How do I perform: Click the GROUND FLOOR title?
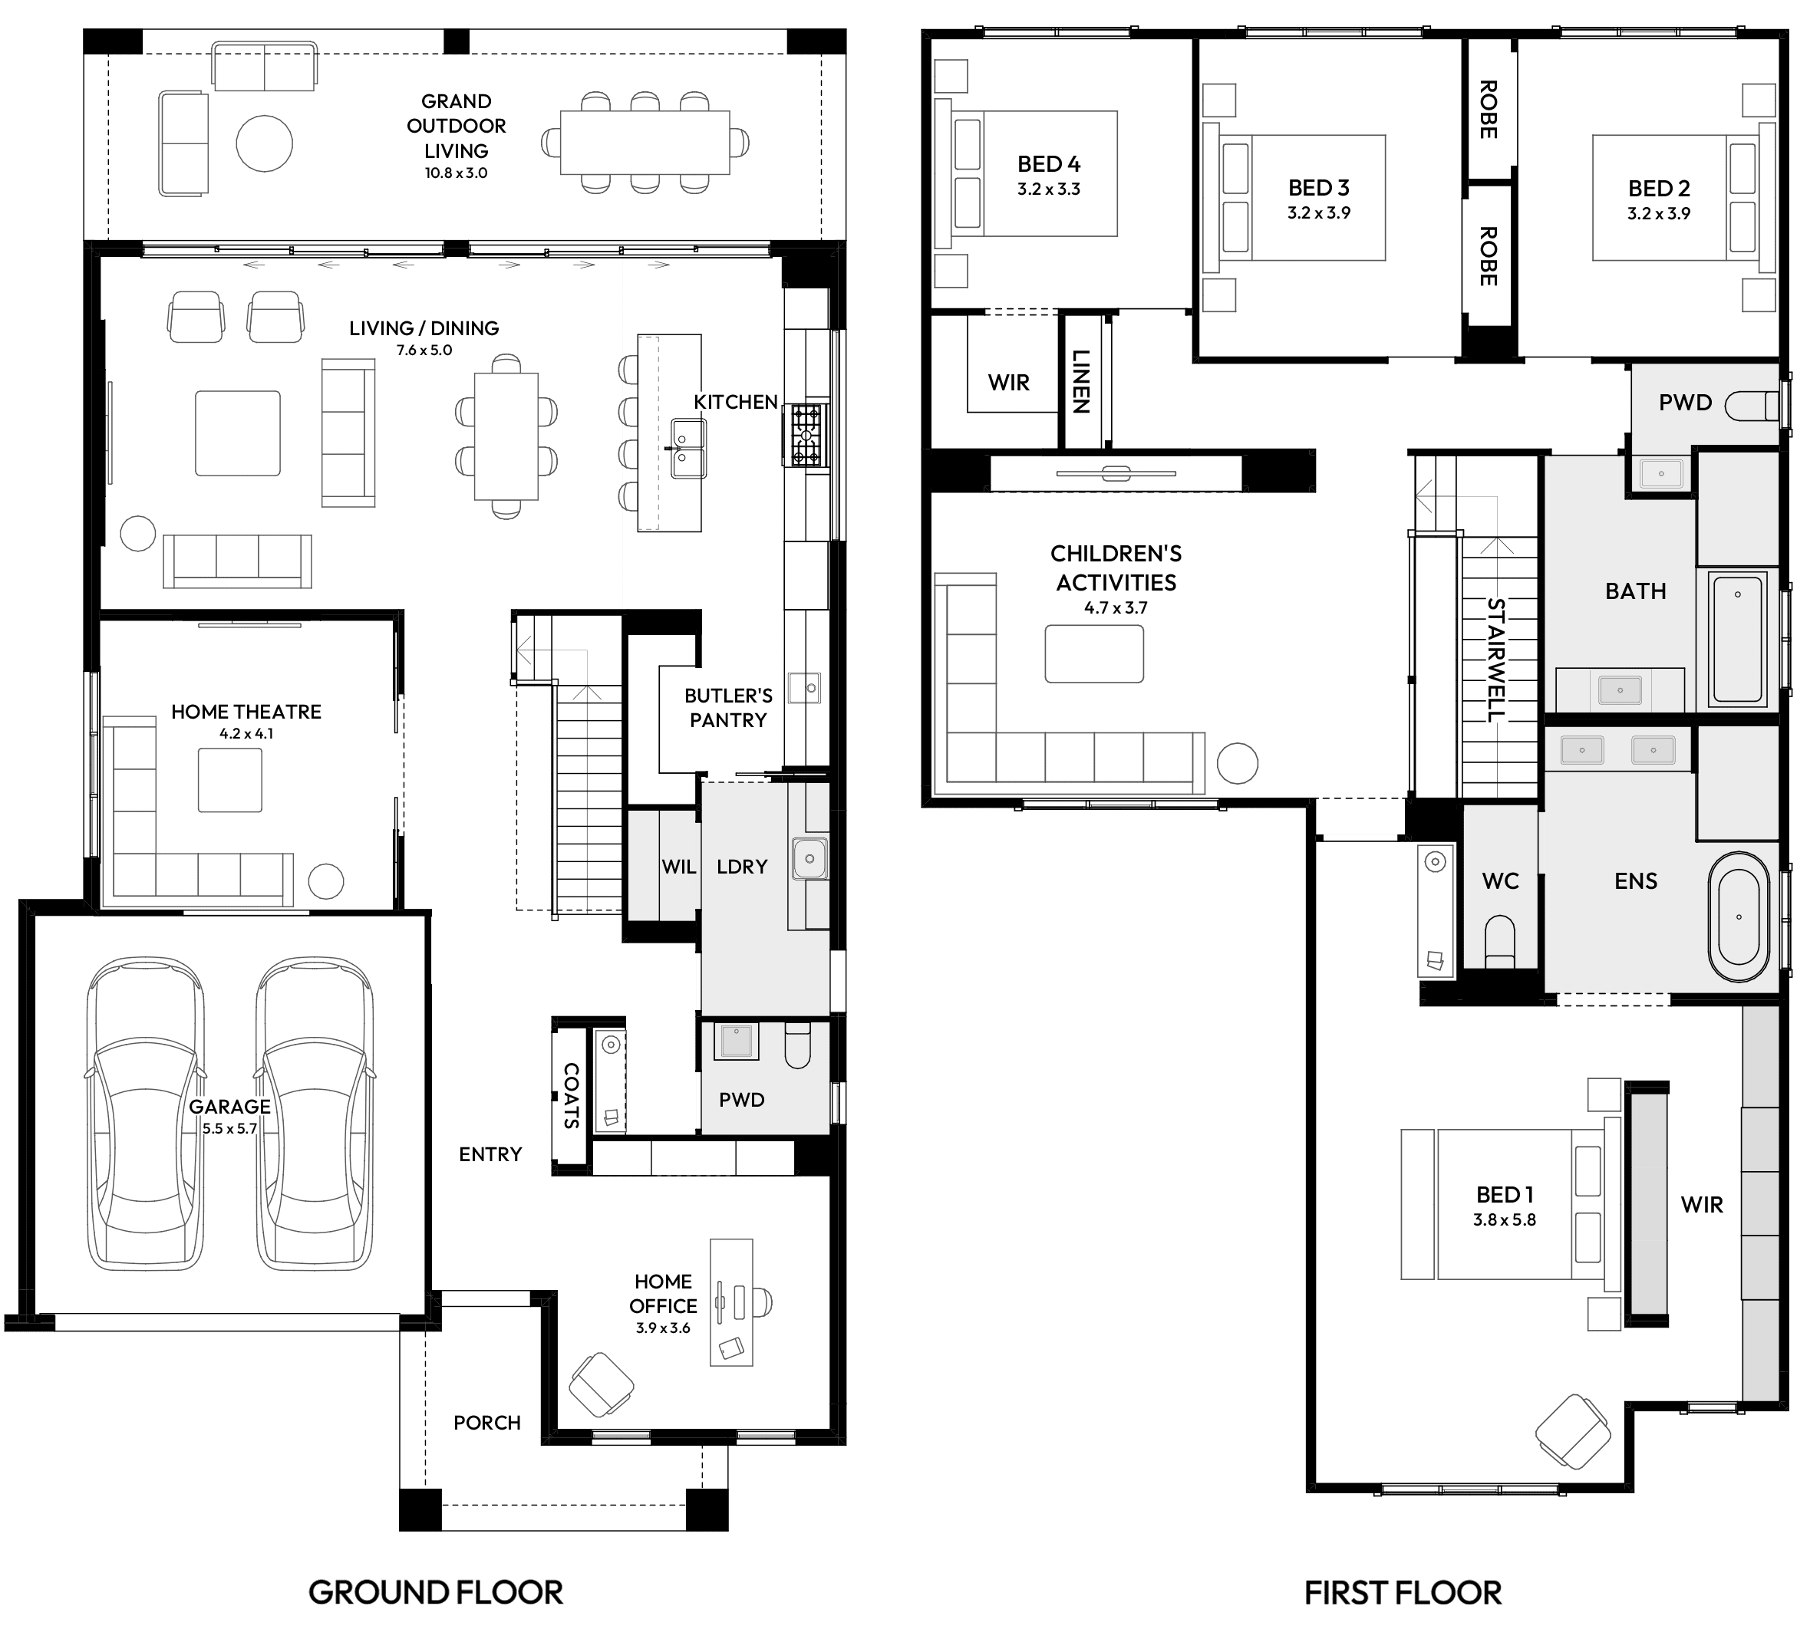click(x=435, y=1592)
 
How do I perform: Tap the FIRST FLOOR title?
click(x=1403, y=1592)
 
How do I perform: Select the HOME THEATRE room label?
click(x=246, y=712)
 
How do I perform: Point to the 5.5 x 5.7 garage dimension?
click(x=229, y=1129)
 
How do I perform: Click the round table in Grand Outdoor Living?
click(x=264, y=143)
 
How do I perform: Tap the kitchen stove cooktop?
click(x=806, y=435)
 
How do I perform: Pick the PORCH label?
click(x=486, y=1422)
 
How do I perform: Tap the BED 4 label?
click(x=1048, y=164)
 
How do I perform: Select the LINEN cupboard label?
click(x=1080, y=381)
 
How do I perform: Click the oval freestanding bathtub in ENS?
click(x=1739, y=917)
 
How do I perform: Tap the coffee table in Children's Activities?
click(x=1093, y=653)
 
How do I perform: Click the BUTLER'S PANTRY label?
click(x=728, y=707)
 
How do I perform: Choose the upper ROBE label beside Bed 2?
click(x=1488, y=109)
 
